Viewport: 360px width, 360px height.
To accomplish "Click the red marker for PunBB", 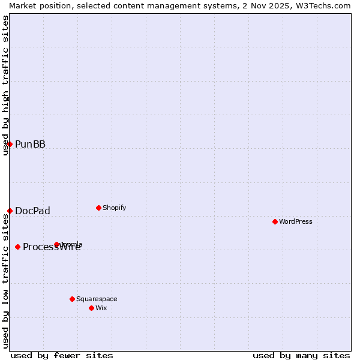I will (x=10, y=144).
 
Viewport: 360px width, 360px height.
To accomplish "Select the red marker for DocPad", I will (x=10, y=211).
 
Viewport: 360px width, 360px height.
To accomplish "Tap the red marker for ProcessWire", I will (x=17, y=247).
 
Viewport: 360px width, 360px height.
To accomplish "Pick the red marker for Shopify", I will (x=98, y=208).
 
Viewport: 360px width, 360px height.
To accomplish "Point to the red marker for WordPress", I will (x=275, y=221).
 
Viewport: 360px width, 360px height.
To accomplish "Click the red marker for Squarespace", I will (x=72, y=299).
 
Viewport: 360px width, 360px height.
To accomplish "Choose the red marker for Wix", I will (x=91, y=308).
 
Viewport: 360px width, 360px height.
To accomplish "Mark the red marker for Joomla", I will (x=56, y=244).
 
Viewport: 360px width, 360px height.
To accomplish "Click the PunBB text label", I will (x=30, y=144).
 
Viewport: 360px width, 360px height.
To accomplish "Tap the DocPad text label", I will (x=32, y=211).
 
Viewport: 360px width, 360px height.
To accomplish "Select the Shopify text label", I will (x=114, y=208).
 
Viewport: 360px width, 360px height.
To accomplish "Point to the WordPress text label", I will (x=295, y=221).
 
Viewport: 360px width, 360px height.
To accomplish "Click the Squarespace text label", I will (x=97, y=299).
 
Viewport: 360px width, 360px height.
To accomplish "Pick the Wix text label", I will (x=101, y=308).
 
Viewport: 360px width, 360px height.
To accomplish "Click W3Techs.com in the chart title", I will (x=323, y=5).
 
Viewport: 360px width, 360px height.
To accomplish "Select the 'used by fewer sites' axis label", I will (x=62, y=355).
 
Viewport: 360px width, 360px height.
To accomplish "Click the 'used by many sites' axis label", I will (x=301, y=355).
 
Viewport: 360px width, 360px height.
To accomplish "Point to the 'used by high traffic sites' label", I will (x=5, y=85).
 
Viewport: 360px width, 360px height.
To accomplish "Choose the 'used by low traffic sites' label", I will (x=5, y=282).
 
